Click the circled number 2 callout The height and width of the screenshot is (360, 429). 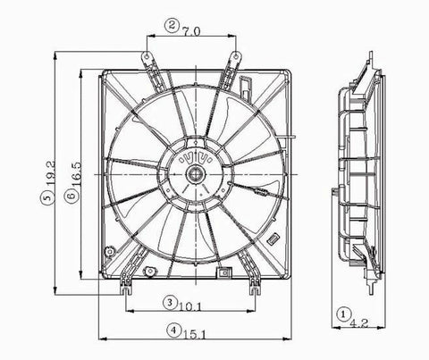(x=172, y=26)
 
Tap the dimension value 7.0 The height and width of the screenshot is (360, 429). (x=192, y=31)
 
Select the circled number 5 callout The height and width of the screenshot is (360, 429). (x=47, y=197)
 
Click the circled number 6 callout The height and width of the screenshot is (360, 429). (x=71, y=196)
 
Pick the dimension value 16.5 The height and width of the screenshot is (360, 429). (x=75, y=174)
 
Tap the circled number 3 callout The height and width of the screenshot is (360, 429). (x=170, y=303)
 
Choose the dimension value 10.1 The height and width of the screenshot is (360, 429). (x=189, y=306)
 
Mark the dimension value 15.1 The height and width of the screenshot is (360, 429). (x=194, y=335)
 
